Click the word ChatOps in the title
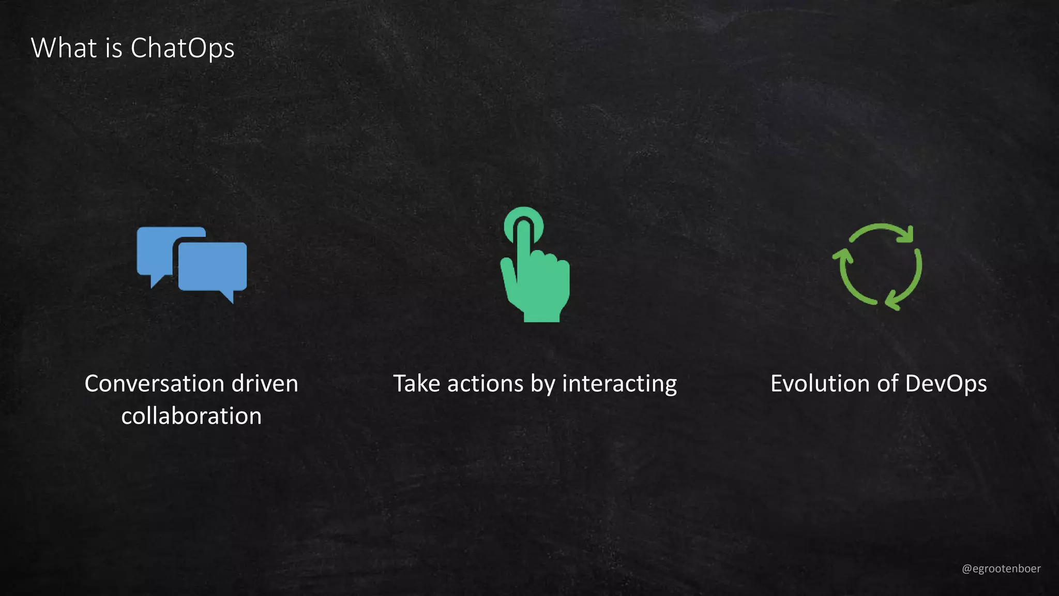coord(183,48)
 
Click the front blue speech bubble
coord(213,266)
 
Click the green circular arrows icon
coord(878,266)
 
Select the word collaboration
coord(191,416)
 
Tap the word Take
coord(416,384)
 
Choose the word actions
coord(486,384)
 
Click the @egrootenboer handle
coord(1001,569)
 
